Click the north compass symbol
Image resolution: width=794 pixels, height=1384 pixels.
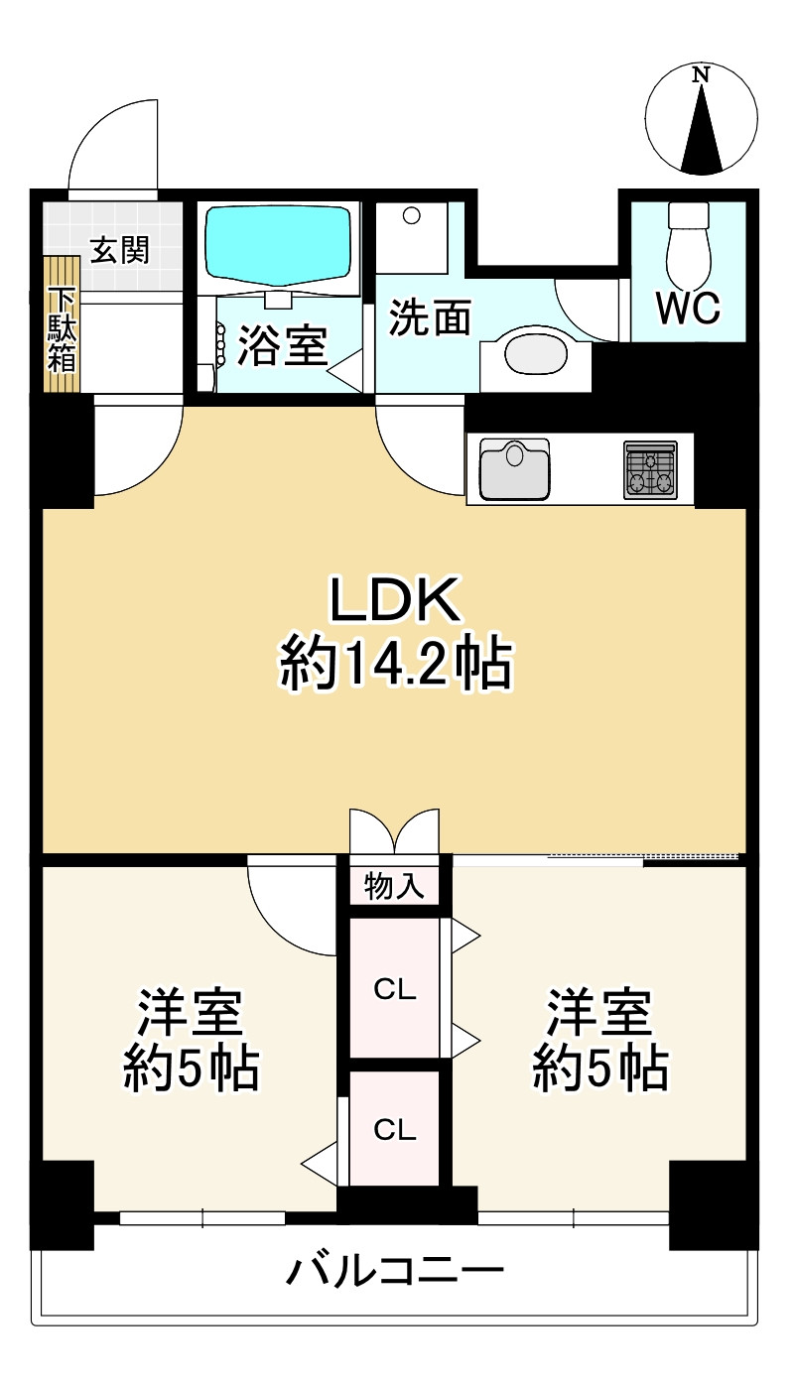tap(702, 119)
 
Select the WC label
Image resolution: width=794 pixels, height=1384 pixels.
tap(689, 310)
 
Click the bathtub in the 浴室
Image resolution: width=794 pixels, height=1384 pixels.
tap(280, 244)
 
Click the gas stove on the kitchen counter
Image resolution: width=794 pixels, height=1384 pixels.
tap(651, 469)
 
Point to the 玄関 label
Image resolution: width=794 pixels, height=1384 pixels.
tap(120, 250)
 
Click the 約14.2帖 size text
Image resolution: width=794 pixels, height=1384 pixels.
tap(396, 663)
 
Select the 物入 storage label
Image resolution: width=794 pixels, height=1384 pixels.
tap(394, 886)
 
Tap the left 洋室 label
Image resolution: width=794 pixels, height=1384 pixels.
tap(190, 1011)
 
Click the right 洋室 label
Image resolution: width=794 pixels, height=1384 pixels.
tap(598, 1011)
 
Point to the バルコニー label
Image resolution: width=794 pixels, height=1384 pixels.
tap(396, 1271)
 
